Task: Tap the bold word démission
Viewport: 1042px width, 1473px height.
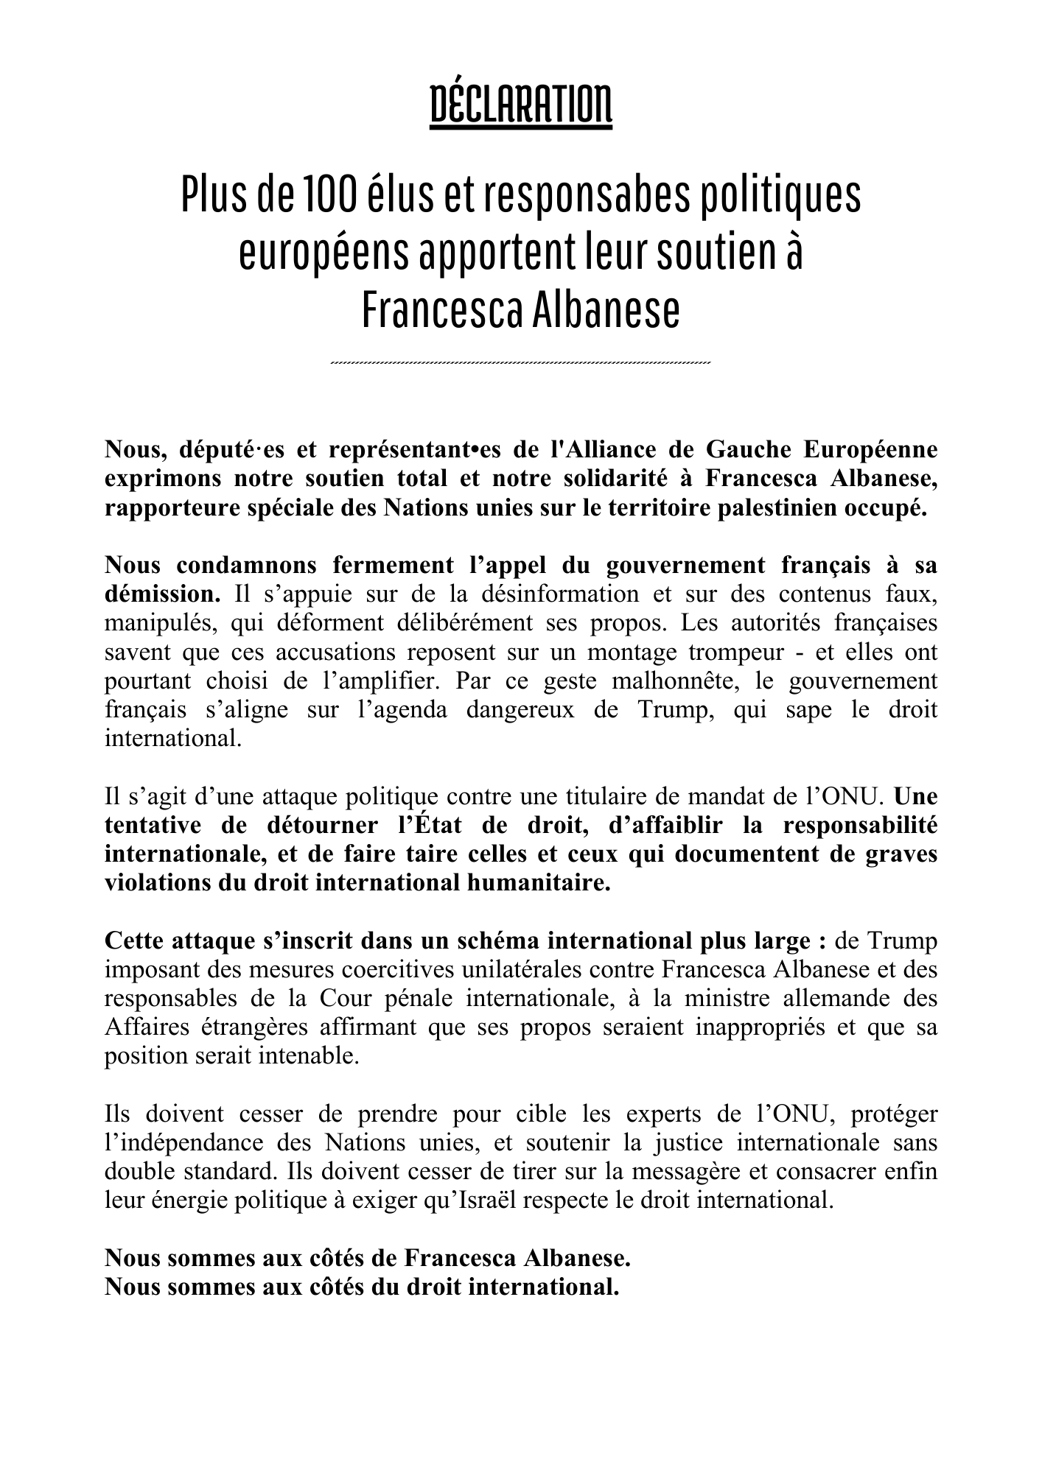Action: coord(162,594)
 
